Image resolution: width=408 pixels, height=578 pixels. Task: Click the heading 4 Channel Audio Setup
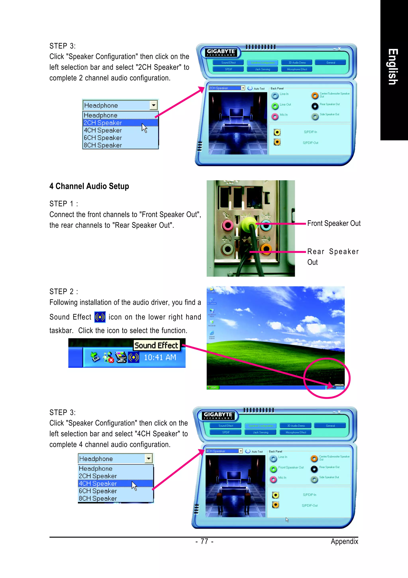coord(89,186)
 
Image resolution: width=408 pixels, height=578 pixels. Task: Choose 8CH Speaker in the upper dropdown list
coord(103,145)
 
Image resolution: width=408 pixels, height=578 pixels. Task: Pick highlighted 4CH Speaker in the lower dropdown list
coord(98,483)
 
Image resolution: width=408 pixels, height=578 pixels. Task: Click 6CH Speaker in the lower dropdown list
coord(98,491)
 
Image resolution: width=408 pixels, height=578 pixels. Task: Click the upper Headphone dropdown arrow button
coord(153,105)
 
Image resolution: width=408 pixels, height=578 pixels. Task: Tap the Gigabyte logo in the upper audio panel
coord(221,52)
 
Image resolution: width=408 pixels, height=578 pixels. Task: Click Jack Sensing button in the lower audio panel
coord(261,432)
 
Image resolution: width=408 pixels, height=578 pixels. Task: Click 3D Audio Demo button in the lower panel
coord(296,426)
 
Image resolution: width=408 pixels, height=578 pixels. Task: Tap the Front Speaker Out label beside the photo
coord(334,223)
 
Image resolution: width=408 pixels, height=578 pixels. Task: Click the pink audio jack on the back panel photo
coord(228,225)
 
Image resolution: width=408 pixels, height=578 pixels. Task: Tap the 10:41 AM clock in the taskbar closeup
coord(160,357)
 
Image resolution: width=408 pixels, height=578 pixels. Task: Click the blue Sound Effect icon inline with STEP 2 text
coord(100,317)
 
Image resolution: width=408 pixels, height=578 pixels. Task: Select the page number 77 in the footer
coord(204,541)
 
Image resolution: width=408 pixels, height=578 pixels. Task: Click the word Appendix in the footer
coord(344,541)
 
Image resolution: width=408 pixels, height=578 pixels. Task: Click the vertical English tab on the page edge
coord(393,67)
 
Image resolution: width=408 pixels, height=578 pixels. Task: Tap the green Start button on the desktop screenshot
coord(213,387)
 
